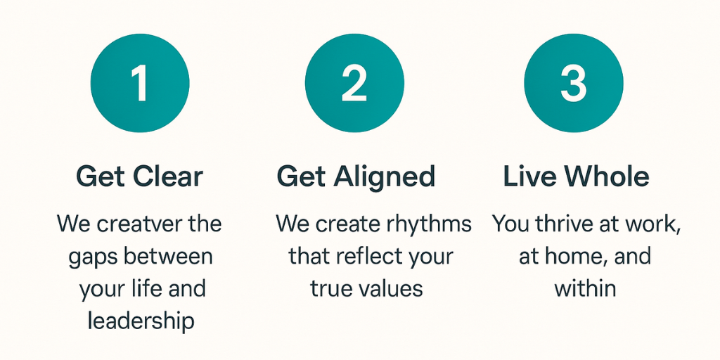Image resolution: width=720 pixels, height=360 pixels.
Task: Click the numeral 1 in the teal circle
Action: pyautogui.click(x=139, y=83)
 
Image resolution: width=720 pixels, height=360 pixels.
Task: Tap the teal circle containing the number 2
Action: pyautogui.click(x=354, y=83)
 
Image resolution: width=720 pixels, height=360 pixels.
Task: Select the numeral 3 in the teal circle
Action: pyautogui.click(x=574, y=83)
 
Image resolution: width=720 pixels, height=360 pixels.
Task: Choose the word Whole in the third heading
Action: pyautogui.click(x=607, y=176)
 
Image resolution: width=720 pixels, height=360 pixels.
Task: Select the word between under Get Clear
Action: pyautogui.click(x=169, y=257)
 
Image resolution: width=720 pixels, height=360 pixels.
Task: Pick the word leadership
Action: pyautogui.click(x=141, y=322)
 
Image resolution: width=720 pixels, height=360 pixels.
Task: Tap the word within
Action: pyautogui.click(x=585, y=289)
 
